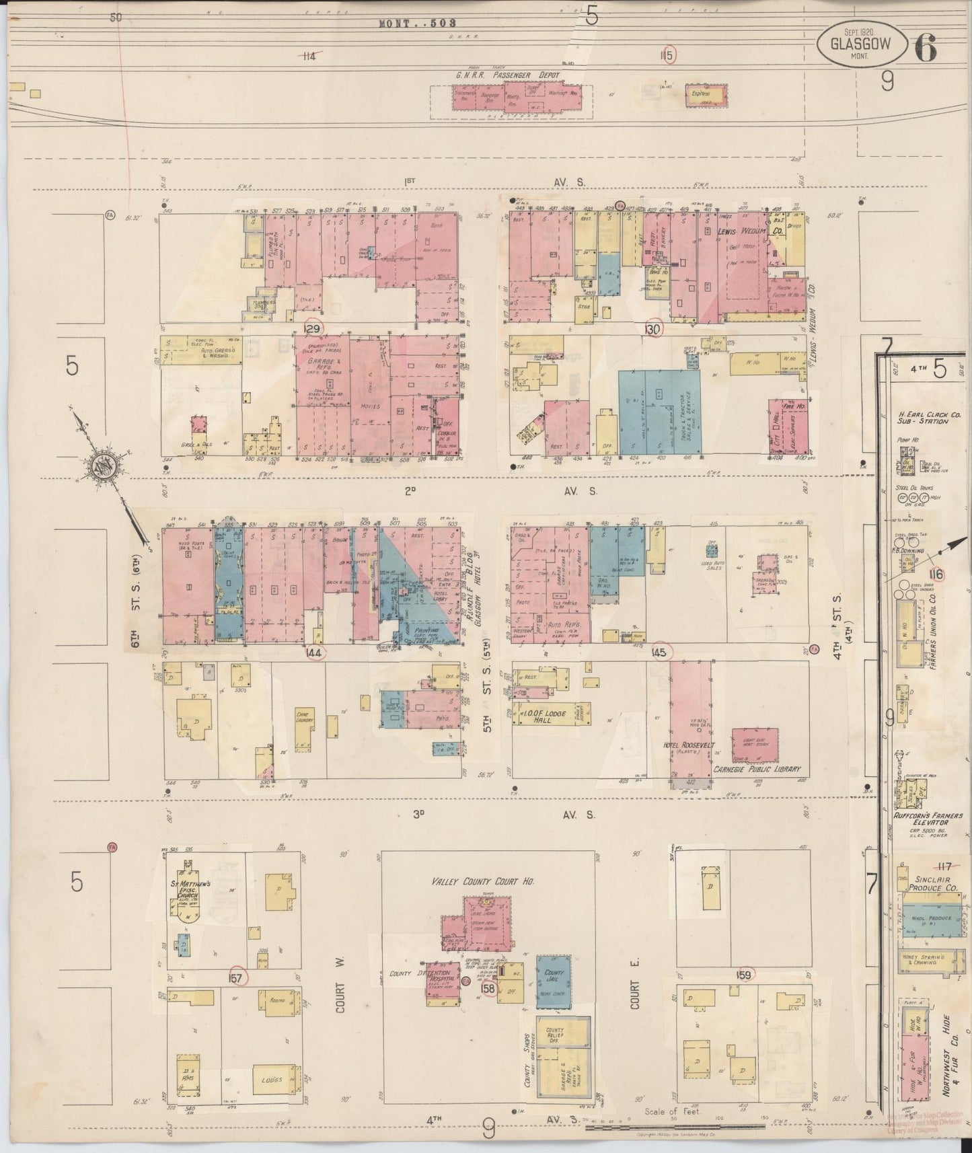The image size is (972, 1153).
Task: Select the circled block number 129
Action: coord(313,328)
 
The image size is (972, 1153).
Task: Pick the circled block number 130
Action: coord(653,328)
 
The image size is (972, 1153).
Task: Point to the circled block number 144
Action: coord(314,652)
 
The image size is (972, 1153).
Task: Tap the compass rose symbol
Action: coord(106,467)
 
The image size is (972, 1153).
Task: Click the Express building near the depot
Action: coord(705,96)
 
